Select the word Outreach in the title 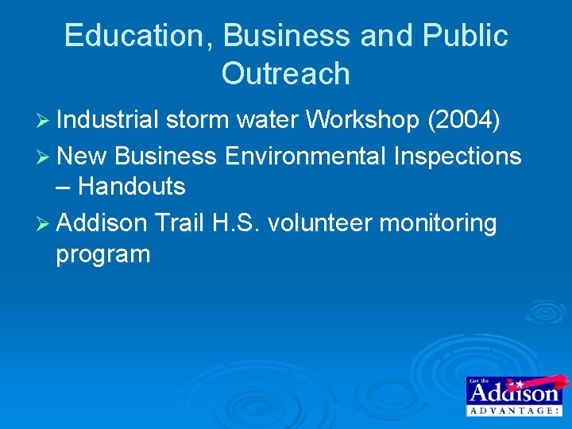[285, 74]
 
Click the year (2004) [464, 120]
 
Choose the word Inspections [457, 157]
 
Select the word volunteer [319, 224]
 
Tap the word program [102, 255]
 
